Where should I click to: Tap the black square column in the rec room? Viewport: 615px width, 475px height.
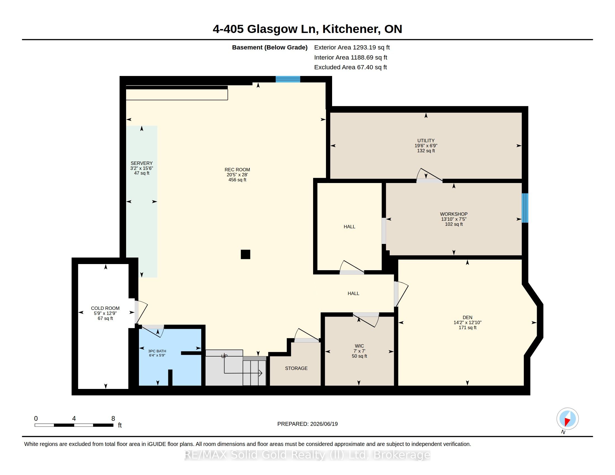tap(245, 254)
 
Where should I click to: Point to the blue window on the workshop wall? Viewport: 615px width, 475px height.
tap(525, 208)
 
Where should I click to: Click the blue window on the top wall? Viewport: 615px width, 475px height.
tap(288, 79)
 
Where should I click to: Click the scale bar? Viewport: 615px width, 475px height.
tap(74, 425)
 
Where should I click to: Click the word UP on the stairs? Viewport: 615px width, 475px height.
tap(224, 356)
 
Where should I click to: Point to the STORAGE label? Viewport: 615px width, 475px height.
tap(296, 368)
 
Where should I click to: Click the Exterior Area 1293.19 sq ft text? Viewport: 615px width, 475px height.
tap(352, 47)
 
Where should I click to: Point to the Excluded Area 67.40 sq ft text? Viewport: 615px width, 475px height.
tap(351, 67)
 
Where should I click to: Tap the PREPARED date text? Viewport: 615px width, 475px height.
tap(307, 424)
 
